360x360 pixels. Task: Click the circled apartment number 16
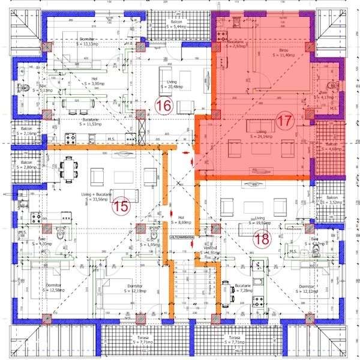point(163,106)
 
